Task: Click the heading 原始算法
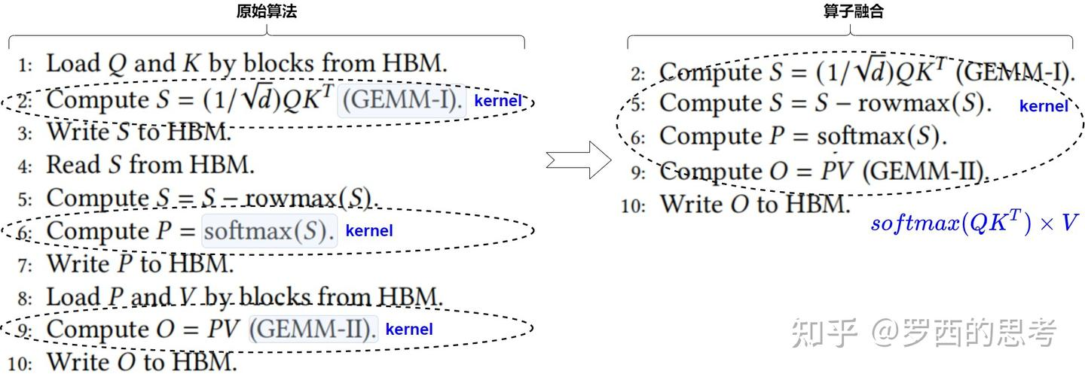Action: click(266, 11)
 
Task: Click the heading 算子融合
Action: click(853, 11)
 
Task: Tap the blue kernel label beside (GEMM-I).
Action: click(498, 100)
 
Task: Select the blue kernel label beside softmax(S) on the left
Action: click(369, 230)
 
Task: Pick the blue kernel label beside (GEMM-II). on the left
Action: click(409, 329)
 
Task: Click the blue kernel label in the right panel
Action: click(1044, 106)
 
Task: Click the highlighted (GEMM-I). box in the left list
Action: click(402, 100)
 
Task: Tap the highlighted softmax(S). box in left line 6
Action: click(269, 231)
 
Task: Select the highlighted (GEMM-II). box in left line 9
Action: click(313, 329)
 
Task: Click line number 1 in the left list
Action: click(26, 65)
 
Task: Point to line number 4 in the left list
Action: click(25, 166)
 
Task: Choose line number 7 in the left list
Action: click(25, 266)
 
